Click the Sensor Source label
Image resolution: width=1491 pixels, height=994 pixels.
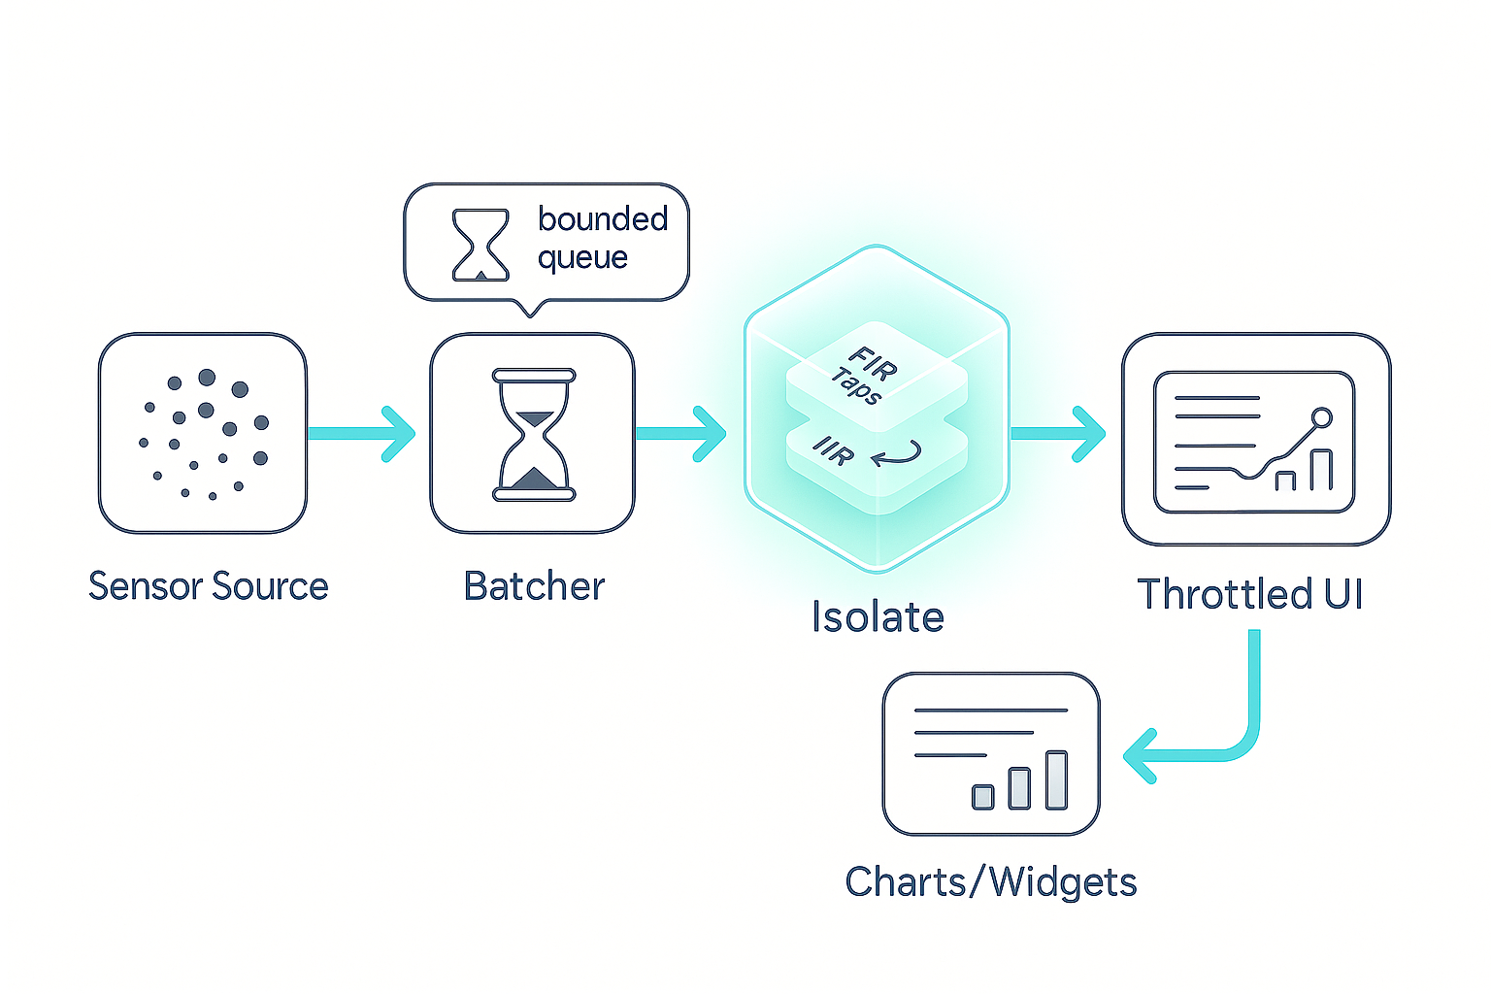coord(208,586)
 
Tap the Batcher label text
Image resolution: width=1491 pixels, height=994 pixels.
coord(534,586)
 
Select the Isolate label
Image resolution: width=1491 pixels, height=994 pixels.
coord(878,617)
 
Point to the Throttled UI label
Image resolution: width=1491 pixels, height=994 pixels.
coord(1250,594)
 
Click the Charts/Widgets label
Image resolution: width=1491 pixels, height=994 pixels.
coord(990,882)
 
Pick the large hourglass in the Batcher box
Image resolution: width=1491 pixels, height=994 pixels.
coord(534,434)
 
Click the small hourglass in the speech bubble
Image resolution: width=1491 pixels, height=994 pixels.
coord(480,246)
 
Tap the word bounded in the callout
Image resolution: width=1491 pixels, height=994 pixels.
coord(603,219)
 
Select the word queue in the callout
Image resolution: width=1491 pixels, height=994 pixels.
coord(582,258)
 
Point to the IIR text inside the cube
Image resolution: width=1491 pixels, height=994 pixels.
coord(834,450)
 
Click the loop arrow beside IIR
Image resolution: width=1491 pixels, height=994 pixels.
coord(897,452)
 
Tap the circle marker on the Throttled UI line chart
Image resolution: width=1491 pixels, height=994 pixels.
coord(1321,418)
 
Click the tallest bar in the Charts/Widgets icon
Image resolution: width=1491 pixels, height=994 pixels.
coord(1056,779)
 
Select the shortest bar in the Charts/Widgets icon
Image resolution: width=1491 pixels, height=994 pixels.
coord(983,797)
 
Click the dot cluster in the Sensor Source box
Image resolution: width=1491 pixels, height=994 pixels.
coord(204,434)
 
